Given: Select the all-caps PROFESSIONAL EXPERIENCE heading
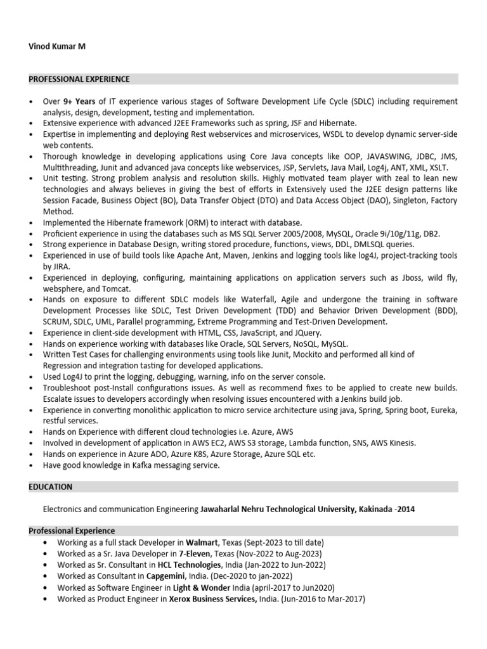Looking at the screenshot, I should (79, 79).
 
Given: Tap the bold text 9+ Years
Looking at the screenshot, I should (79, 101).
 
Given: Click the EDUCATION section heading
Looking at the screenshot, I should (51, 487).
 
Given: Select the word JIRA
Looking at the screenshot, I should (56, 267).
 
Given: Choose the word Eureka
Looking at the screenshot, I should (443, 410).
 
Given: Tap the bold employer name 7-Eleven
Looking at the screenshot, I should (197, 553).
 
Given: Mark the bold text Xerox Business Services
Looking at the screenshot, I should (212, 598).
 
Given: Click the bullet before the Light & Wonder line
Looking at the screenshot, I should (44, 588).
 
